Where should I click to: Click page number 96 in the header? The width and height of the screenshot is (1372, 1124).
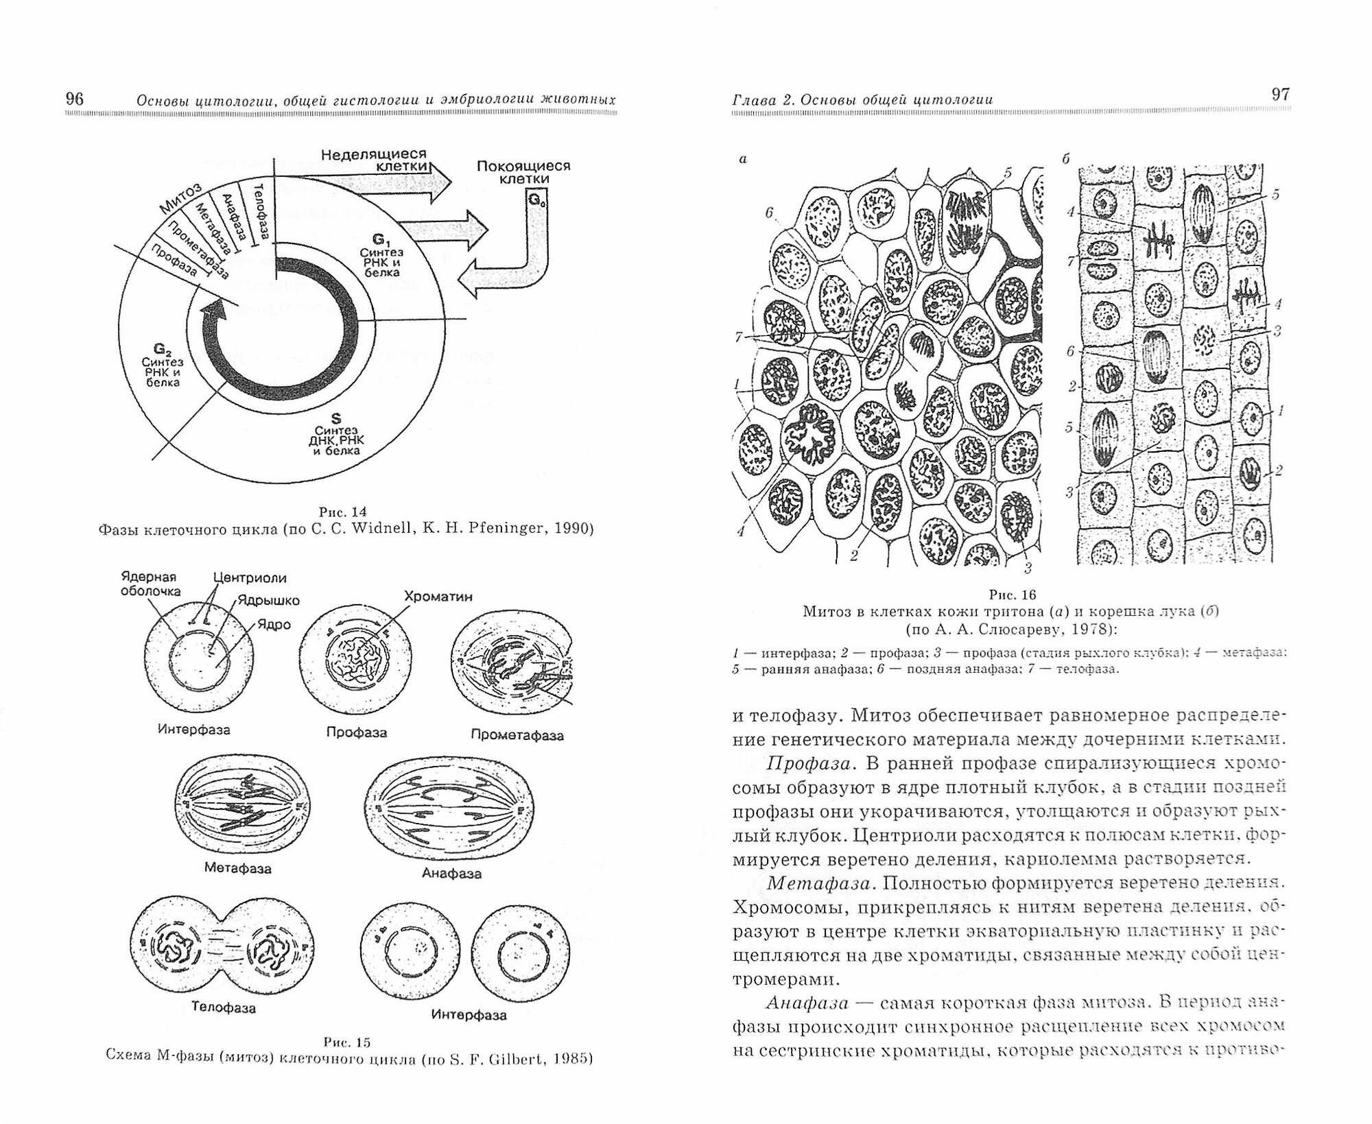74,99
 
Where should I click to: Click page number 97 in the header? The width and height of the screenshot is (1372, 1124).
1280,95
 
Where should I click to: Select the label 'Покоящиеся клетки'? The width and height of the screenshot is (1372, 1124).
523,172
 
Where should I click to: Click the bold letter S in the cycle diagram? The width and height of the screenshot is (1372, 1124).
336,417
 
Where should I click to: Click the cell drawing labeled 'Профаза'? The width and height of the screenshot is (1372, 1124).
357,662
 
